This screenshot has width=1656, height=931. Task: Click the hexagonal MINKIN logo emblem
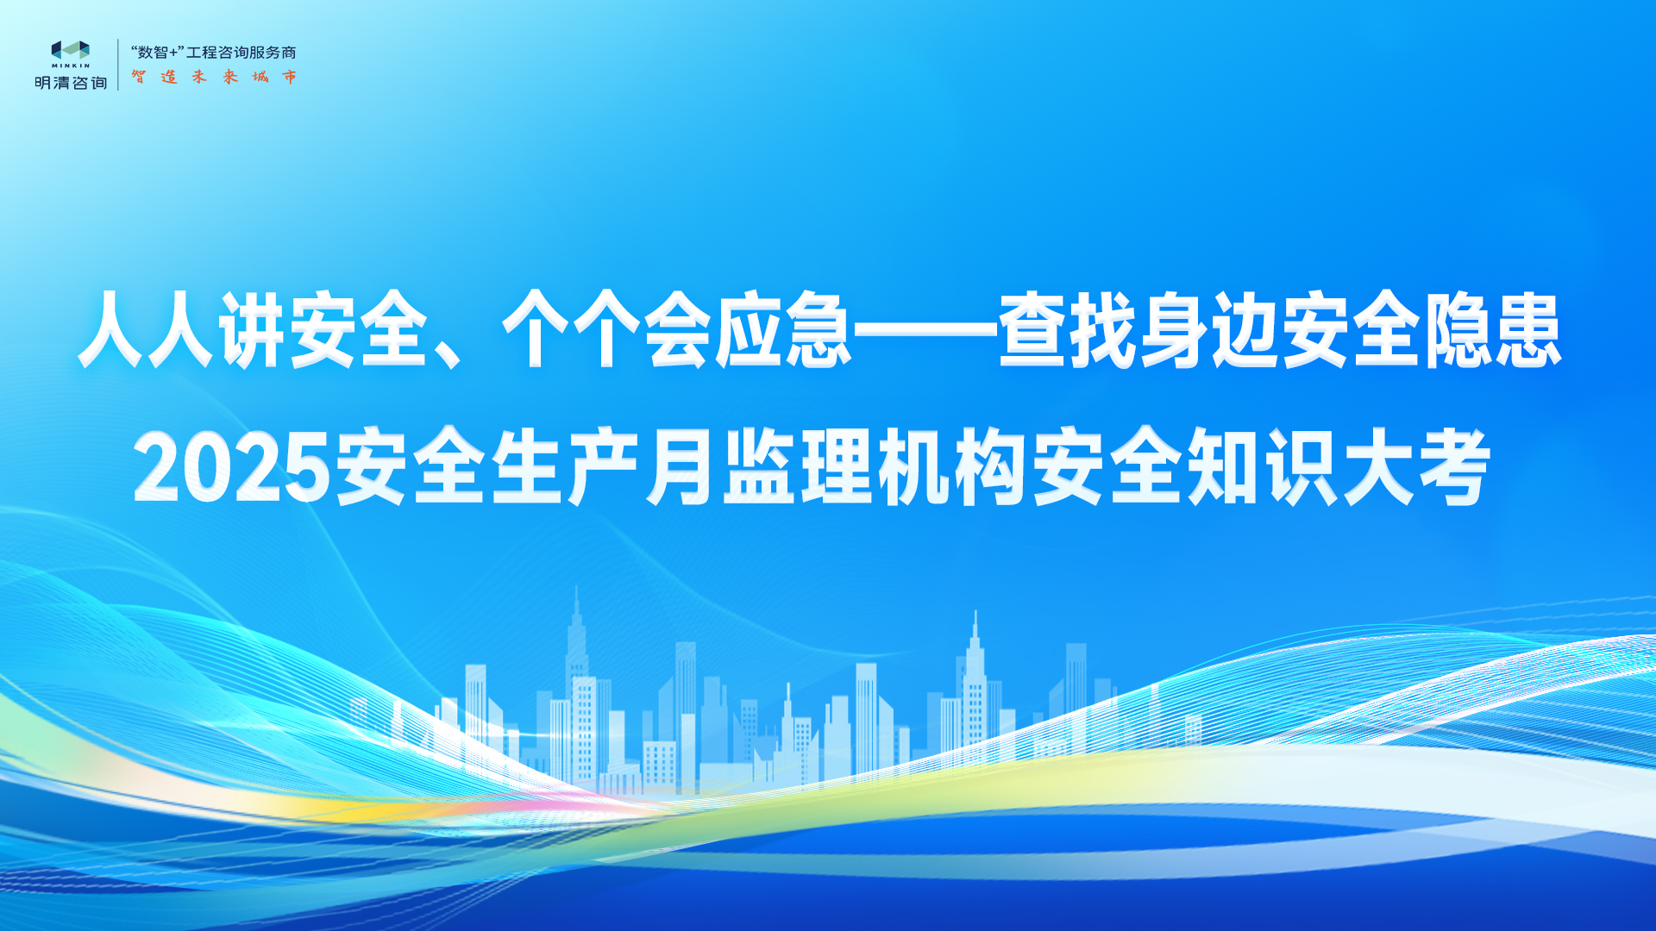click(x=71, y=50)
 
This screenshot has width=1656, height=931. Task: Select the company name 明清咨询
click(x=71, y=83)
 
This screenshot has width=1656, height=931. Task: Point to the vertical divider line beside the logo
click(x=118, y=65)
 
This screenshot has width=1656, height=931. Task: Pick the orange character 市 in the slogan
click(x=290, y=77)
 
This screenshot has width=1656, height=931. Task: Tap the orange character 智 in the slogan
click(x=139, y=77)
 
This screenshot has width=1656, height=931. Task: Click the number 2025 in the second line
click(x=232, y=469)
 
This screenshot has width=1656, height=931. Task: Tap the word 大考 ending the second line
click(x=1416, y=467)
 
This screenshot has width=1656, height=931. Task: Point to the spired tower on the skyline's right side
click(x=975, y=690)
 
